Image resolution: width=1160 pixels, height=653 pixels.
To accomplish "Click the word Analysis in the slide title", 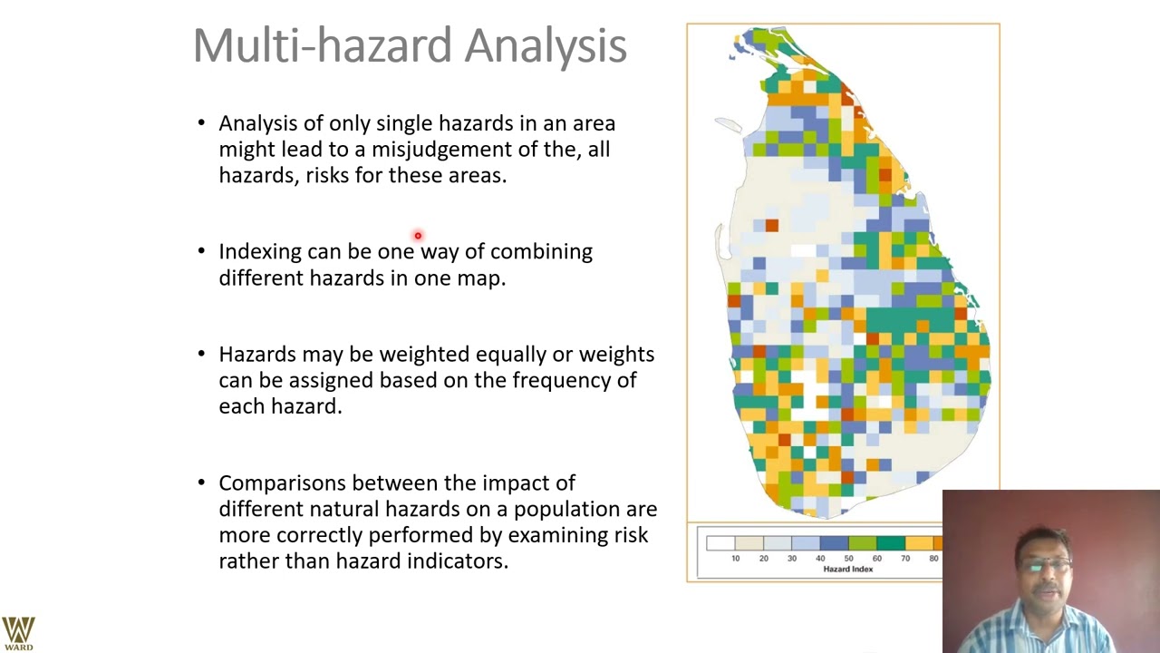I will coord(545,45).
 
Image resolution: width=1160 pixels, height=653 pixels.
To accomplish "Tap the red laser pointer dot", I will coord(418,236).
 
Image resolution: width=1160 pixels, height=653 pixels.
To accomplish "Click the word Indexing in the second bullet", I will coord(259,252).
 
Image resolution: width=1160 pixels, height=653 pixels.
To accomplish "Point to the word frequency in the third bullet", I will coord(562,380).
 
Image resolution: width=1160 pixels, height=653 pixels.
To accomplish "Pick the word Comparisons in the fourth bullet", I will coord(282,482).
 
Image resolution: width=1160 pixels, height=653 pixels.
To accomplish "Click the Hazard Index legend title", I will coord(847,570).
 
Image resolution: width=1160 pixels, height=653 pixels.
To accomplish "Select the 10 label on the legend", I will coord(735,558).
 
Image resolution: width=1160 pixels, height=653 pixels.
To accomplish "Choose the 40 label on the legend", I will coord(820,558).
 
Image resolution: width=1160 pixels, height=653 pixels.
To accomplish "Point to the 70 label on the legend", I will coord(904,558).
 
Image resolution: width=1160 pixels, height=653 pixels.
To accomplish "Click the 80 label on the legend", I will coord(933,558).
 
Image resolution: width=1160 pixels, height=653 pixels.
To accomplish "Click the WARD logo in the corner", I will coord(18,633).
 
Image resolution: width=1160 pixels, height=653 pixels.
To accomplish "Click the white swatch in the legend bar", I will coord(720,543).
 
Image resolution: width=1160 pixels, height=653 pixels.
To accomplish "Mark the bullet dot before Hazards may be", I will coord(201,355).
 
